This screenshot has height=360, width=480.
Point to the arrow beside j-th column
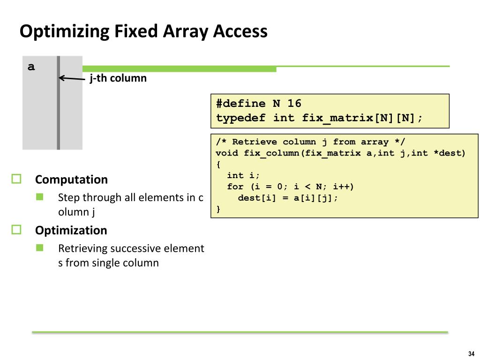71,79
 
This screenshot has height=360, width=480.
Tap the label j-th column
118,78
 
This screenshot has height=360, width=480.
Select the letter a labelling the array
31,67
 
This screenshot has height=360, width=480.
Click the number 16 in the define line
294,104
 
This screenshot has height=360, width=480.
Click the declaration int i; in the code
243,175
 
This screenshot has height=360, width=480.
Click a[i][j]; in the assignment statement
316,198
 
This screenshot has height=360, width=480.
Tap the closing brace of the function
218,209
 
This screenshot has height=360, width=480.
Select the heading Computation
71,180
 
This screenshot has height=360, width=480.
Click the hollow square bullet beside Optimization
17,230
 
